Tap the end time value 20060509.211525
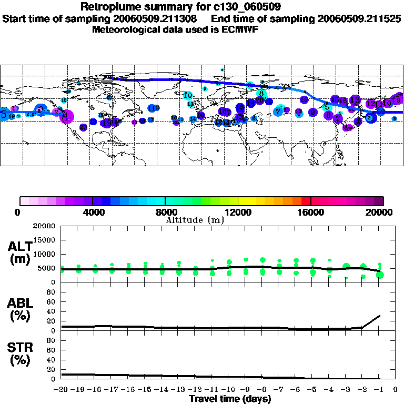pyautogui.click(x=359, y=18)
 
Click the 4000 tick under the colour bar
pyautogui.click(x=93, y=213)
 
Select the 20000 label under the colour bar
pyautogui.click(x=380, y=213)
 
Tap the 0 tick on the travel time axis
pyautogui.click(x=395, y=390)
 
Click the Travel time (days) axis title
pyautogui.click(x=230, y=399)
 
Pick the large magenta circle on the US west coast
pyautogui.click(x=67, y=116)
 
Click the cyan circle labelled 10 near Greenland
pyautogui.click(x=188, y=95)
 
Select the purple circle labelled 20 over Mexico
pyautogui.click(x=83, y=127)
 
